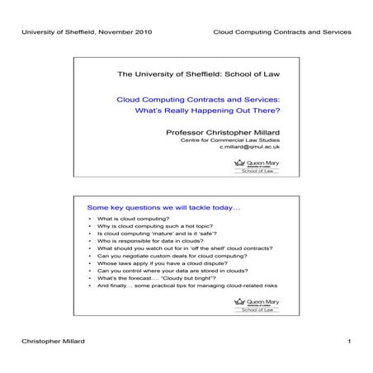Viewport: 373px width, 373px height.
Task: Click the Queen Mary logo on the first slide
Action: [258, 168]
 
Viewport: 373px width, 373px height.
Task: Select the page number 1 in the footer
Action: [350, 340]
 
